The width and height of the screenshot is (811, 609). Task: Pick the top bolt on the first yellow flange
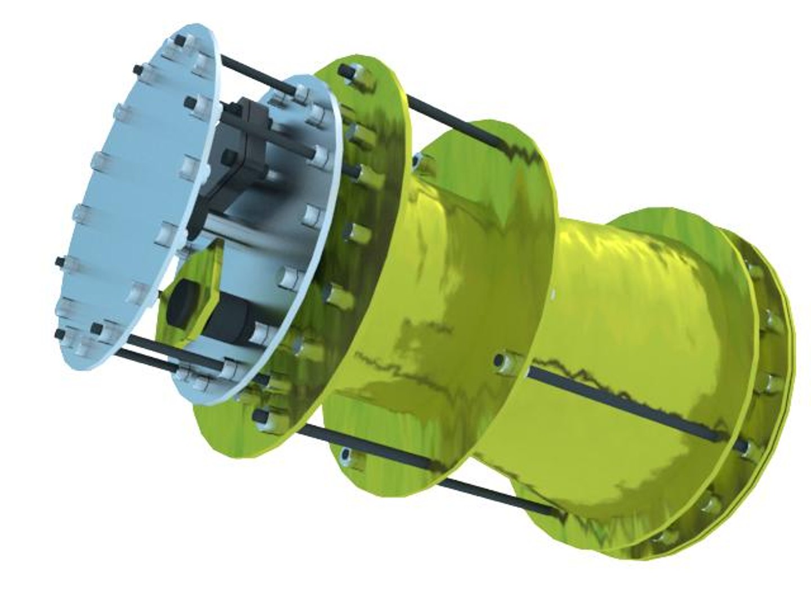pyautogui.click(x=345, y=72)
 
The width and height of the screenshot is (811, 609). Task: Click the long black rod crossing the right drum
pyautogui.click(x=620, y=400)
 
